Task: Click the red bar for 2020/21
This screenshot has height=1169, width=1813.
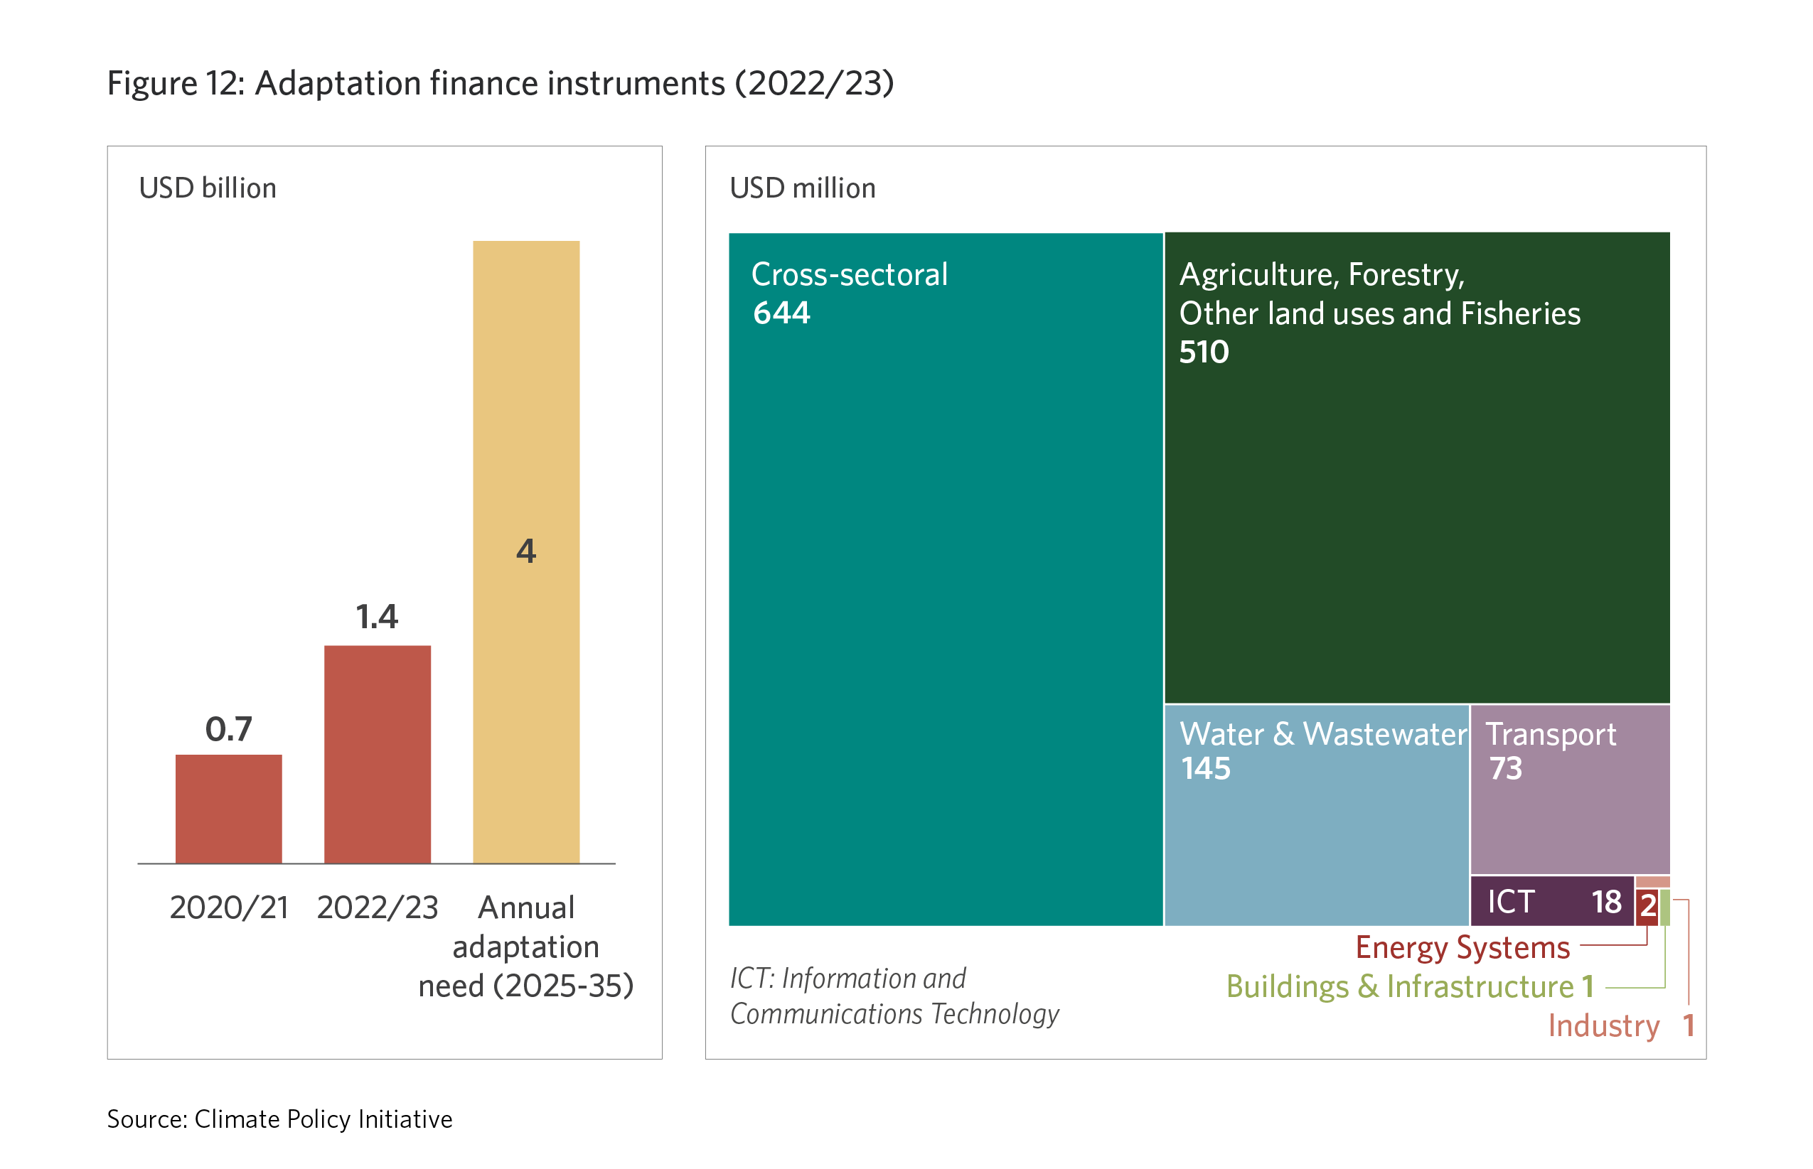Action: tap(228, 809)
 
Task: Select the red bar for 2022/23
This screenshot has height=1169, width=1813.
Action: tap(378, 754)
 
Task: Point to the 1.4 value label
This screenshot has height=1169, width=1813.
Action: tap(378, 616)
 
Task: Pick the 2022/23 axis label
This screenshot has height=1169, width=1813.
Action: tap(378, 907)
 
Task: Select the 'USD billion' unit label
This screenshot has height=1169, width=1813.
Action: tap(208, 188)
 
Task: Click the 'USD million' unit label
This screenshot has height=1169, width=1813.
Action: tap(803, 188)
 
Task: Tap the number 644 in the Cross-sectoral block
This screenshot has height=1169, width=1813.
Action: tap(781, 313)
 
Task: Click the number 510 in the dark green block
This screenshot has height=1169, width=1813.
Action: tap(1204, 352)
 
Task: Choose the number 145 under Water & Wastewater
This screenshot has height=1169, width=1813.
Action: tap(1206, 768)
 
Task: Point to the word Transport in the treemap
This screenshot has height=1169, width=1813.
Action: tap(1551, 734)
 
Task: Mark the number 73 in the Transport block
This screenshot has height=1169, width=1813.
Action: tap(1506, 768)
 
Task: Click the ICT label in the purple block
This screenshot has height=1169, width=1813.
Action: tap(1511, 902)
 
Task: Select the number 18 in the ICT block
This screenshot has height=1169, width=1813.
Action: tap(1607, 902)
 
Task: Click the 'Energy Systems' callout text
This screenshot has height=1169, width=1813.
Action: tap(1462, 947)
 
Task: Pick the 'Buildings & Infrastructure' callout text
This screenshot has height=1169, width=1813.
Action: tap(1400, 986)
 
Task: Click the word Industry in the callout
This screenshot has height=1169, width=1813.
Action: tap(1603, 1025)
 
